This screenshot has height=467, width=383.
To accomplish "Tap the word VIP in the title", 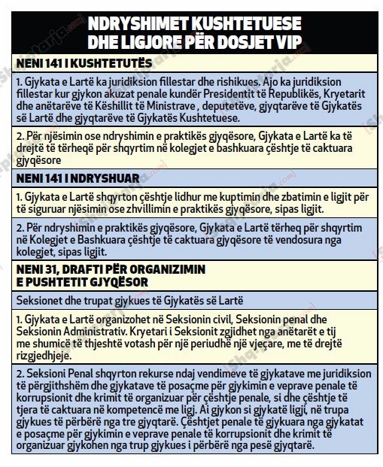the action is (286, 39).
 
